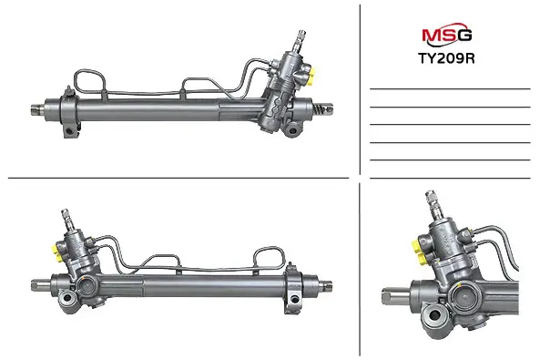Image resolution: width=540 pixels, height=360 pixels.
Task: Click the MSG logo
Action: (x=447, y=34)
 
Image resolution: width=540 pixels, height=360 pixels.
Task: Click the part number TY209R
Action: (x=446, y=58)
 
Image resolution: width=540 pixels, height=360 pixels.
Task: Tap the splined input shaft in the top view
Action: (x=300, y=41)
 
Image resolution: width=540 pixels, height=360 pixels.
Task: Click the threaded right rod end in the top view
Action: (x=323, y=108)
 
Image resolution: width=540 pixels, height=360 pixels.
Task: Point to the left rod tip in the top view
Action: (x=36, y=109)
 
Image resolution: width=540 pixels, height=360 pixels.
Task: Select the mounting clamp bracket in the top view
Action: (x=70, y=113)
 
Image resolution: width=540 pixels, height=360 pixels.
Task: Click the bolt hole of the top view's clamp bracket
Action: (x=70, y=131)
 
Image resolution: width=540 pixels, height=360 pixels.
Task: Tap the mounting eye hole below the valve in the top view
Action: (x=293, y=130)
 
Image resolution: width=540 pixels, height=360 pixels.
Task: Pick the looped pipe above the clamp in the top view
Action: (x=90, y=83)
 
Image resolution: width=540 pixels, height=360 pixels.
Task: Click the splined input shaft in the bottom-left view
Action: (x=66, y=220)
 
